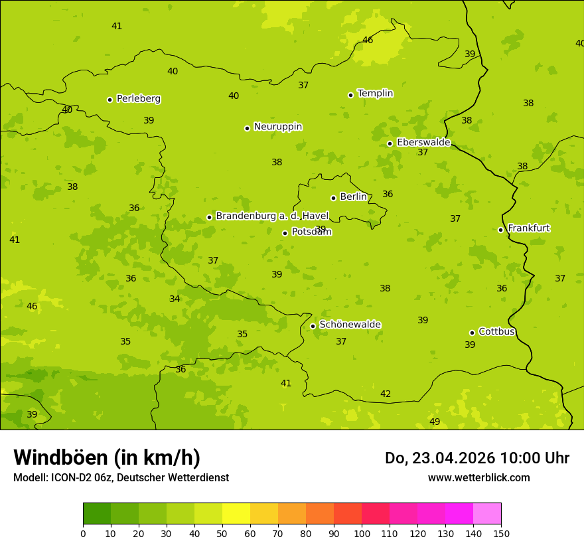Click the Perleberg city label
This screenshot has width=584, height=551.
pos(138,99)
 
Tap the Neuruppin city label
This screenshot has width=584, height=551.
pos(277,127)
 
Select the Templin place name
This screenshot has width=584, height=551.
pos(375,94)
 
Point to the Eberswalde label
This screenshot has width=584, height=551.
pos(423,143)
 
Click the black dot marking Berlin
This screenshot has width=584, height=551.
pos(333,198)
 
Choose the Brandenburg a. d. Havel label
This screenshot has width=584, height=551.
pos(272,216)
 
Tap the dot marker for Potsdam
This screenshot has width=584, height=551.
pos(285,233)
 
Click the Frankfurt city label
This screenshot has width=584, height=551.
pos(528,228)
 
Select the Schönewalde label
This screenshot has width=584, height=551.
pos(350,325)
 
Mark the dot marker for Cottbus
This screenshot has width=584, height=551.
pos(473,333)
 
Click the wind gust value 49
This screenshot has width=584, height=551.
pos(435,422)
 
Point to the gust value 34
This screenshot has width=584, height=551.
pos(175,299)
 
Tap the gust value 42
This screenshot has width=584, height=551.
pos(386,394)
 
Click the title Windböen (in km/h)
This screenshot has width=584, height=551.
pos(107,457)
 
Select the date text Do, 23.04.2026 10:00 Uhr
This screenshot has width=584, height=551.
pos(476,458)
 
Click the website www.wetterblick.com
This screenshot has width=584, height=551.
pos(478,477)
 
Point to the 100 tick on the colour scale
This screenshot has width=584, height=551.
pos(362,533)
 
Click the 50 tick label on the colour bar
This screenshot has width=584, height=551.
pos(222,533)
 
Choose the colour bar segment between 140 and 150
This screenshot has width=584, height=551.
pos(487,514)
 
